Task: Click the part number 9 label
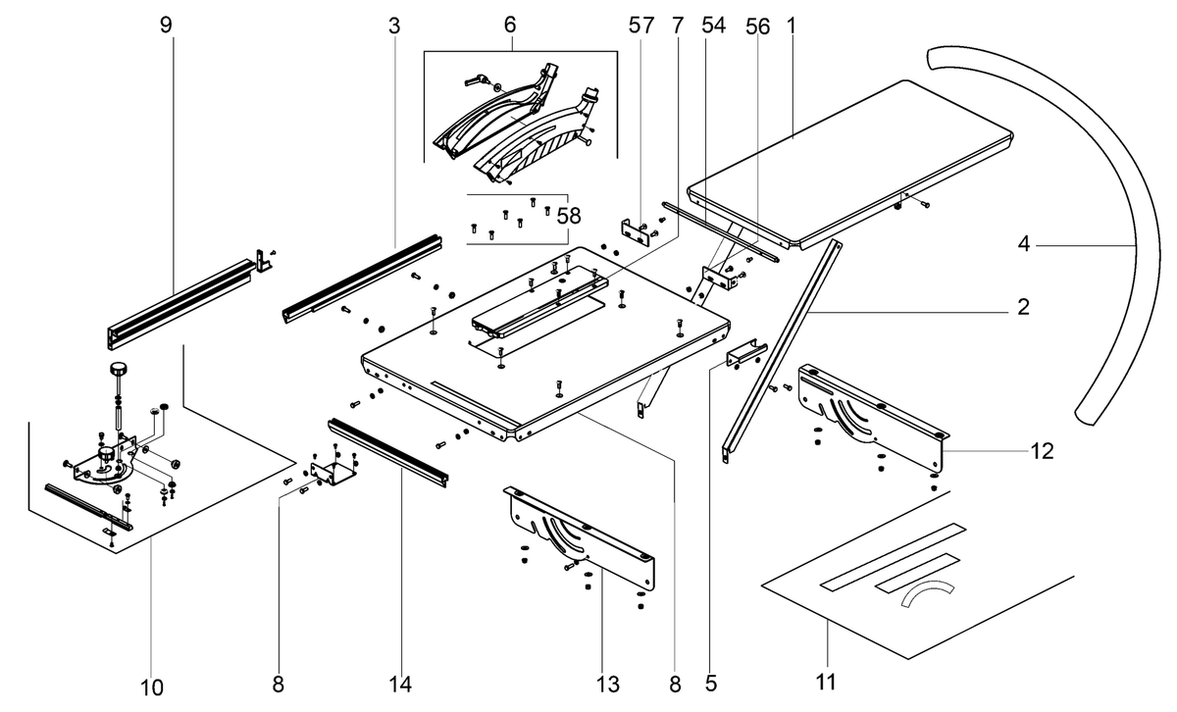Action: [166, 25]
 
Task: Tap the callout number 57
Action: [641, 25]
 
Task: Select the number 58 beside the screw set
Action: [569, 216]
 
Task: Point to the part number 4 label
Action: [1024, 244]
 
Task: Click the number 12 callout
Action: [1042, 451]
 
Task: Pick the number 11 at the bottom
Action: [826, 682]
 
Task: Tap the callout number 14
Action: [400, 685]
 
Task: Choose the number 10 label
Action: [152, 687]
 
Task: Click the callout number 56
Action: [757, 26]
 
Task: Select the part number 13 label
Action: [608, 685]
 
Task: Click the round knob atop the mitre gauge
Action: [118, 369]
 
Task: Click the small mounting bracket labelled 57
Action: [636, 233]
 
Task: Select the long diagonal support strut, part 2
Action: [782, 352]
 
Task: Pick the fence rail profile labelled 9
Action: [181, 303]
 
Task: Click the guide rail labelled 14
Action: [387, 452]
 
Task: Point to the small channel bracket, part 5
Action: [746, 352]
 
